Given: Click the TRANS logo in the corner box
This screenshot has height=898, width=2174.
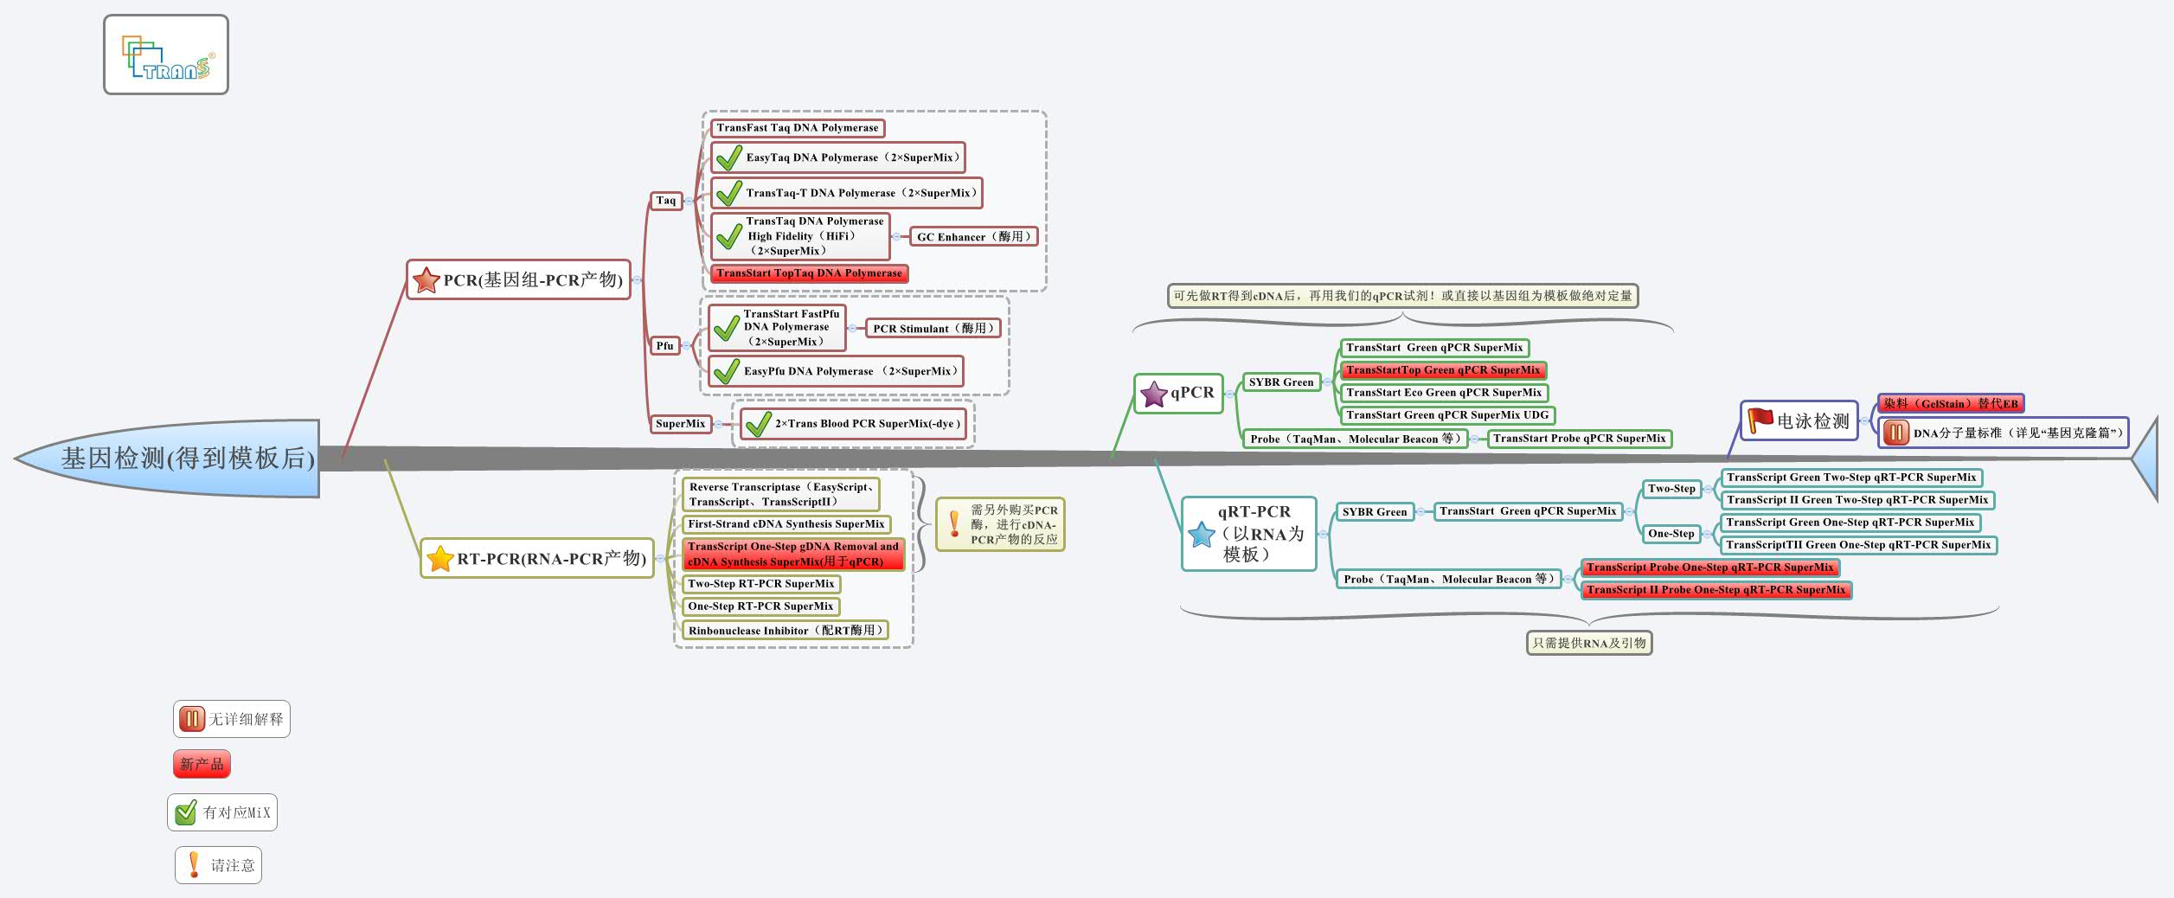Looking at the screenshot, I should coord(167,57).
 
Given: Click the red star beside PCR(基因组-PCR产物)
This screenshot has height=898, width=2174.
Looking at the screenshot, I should coord(426,280).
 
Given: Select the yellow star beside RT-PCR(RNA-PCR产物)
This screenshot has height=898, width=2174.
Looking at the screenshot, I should coord(440,559).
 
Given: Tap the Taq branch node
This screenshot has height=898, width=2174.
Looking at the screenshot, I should coord(665,201).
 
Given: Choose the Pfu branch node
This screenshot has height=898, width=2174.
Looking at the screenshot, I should coord(664,346).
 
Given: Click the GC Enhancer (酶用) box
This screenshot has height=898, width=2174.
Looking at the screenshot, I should coord(973,236).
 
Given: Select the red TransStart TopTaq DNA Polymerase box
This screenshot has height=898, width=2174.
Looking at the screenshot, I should coord(809,273).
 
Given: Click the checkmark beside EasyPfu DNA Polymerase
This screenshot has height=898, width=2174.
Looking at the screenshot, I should coord(726,372).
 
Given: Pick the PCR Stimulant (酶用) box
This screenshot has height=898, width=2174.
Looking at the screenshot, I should coord(933,329).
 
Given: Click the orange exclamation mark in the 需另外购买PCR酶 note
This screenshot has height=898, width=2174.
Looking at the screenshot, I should coord(954,523).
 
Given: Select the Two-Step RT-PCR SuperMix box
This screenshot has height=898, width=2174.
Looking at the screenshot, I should coord(760,584).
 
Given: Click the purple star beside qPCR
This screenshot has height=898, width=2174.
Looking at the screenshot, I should coord(1154,394).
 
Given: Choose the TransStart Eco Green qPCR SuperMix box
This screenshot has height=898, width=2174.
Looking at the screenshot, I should coord(1443,393).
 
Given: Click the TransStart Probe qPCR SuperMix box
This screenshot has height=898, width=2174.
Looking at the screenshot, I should coord(1579,439).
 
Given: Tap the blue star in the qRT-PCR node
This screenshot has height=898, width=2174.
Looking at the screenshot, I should coord(1202,535).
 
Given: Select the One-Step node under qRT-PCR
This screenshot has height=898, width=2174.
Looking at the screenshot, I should coord(1671,534).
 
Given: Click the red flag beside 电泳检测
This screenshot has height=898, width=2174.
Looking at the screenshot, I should coord(1760,420).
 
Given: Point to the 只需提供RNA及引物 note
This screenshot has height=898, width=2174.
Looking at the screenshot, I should coord(1588,643).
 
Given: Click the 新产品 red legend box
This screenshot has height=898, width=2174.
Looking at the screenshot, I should coord(202,765).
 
